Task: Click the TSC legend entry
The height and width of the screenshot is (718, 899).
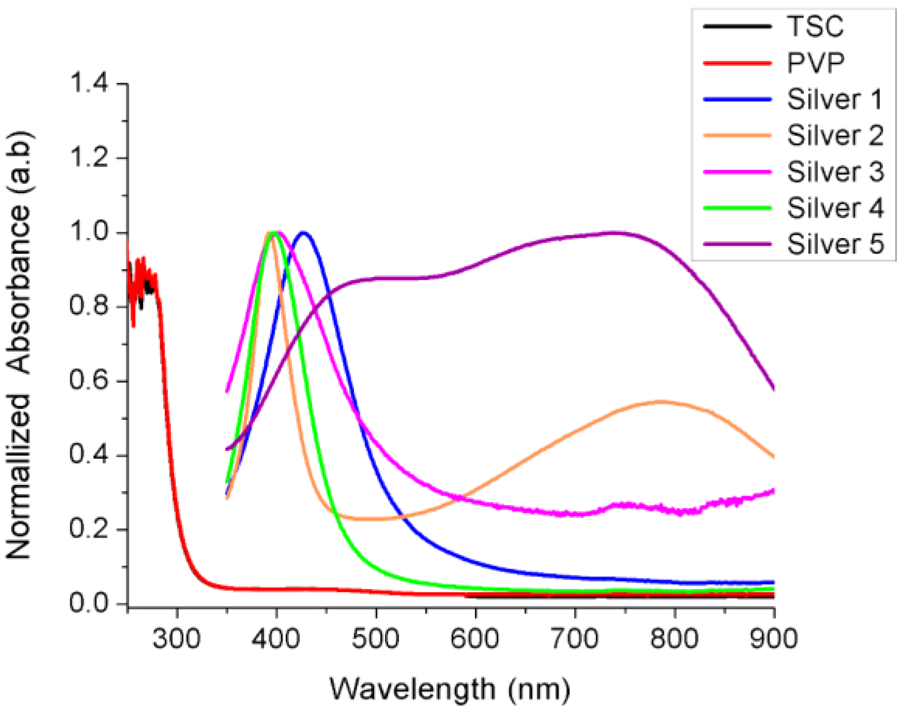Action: [815, 26]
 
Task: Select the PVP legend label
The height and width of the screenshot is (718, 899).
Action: [815, 63]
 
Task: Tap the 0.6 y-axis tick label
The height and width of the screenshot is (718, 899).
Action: [89, 381]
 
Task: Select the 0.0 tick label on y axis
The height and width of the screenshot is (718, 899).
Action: [89, 603]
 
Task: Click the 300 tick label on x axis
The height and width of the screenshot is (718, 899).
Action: [177, 639]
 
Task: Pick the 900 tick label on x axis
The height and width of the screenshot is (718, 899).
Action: [773, 639]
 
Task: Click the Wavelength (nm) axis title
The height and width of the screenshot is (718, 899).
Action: [450, 689]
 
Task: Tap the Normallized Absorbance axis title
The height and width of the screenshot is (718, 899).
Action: [19, 345]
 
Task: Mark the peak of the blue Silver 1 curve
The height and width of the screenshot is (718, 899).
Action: [303, 233]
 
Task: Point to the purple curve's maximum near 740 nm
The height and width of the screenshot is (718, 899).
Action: [615, 232]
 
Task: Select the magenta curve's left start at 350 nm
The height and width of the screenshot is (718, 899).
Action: [227, 391]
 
